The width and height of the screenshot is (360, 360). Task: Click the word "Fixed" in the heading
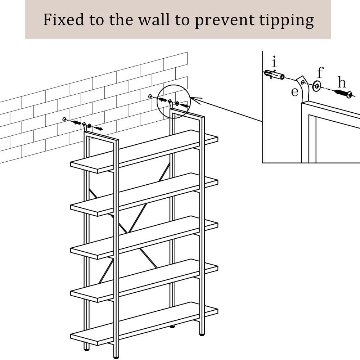[64, 20]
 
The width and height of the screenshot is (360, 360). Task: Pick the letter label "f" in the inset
[320, 72]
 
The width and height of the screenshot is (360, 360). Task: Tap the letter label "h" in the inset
[342, 83]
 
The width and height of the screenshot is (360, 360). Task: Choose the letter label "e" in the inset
[295, 92]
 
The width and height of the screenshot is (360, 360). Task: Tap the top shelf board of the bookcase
[144, 151]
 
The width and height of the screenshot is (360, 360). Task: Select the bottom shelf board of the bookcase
[144, 323]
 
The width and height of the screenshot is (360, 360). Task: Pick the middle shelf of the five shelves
[144, 237]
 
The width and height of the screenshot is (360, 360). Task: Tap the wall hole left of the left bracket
[64, 119]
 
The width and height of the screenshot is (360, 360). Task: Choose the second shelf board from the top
[144, 194]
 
